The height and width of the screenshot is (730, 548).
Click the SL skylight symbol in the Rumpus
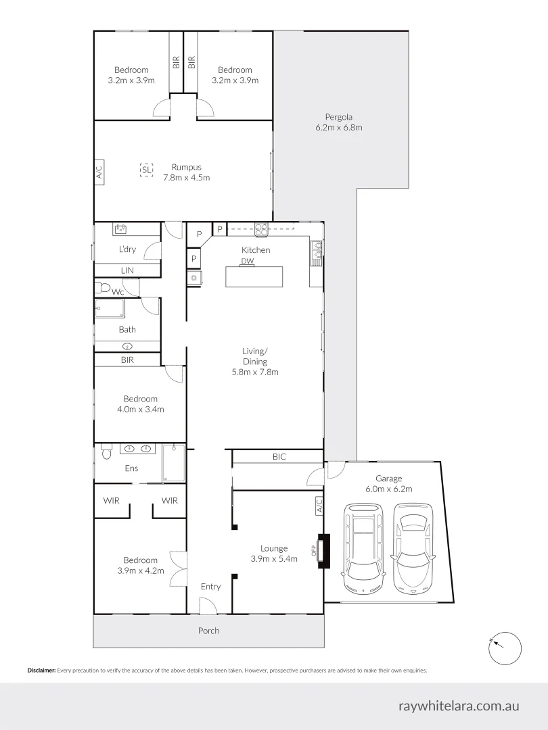pyautogui.click(x=146, y=170)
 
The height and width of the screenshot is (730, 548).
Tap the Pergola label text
pyautogui.click(x=338, y=117)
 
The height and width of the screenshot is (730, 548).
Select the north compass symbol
pyautogui.click(x=503, y=646)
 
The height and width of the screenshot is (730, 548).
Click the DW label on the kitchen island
pyautogui.click(x=247, y=262)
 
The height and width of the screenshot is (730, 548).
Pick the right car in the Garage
pyautogui.click(x=413, y=546)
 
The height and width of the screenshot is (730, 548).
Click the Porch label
pyautogui.click(x=208, y=631)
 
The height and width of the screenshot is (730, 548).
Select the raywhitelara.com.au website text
pyautogui.click(x=459, y=706)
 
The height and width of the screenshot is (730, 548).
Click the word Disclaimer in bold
pyautogui.click(x=41, y=671)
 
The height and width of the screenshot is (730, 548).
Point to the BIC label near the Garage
pyautogui.click(x=279, y=457)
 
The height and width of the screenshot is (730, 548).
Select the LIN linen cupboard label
pyautogui.click(x=127, y=270)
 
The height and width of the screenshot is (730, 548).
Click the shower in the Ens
pyautogui.click(x=174, y=463)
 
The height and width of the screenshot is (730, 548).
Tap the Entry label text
pyautogui.click(x=210, y=586)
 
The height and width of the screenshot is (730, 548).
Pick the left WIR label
pyautogui.click(x=111, y=501)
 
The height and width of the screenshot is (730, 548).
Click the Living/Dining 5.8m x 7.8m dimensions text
pyautogui.click(x=256, y=372)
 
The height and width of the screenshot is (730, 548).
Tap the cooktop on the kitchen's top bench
pyautogui.click(x=261, y=228)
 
